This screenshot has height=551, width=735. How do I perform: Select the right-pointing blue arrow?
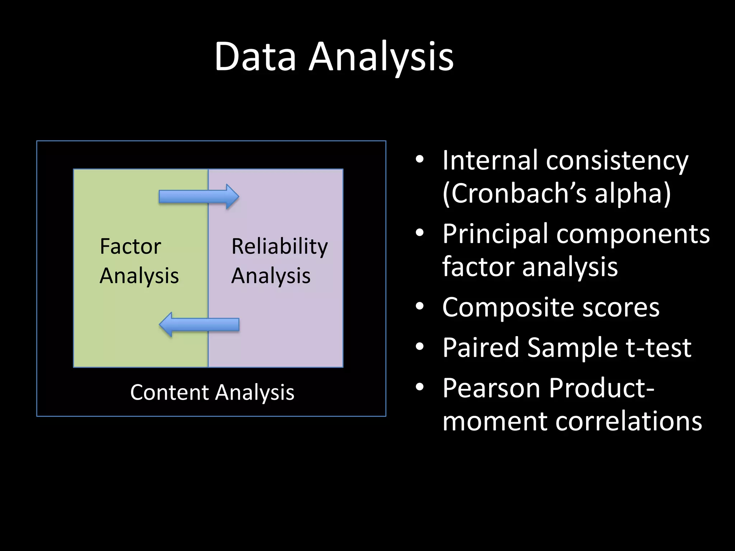(x=198, y=197)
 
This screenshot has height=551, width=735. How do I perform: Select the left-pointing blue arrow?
(x=199, y=325)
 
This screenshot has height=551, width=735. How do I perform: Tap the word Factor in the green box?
(x=130, y=246)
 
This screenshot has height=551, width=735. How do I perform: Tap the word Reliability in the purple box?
(x=280, y=246)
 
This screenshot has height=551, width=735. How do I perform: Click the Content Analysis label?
(x=212, y=392)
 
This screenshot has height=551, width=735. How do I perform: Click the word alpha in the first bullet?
(x=632, y=193)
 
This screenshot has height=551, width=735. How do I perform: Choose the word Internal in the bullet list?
(x=490, y=160)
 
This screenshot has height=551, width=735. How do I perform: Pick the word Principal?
(x=495, y=234)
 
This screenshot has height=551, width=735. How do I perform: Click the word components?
(x=633, y=234)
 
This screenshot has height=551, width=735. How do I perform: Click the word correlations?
(x=628, y=421)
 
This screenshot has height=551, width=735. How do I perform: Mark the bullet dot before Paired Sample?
(x=420, y=347)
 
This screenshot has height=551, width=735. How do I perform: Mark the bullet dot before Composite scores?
(x=420, y=307)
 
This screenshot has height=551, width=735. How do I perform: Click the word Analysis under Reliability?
(x=271, y=276)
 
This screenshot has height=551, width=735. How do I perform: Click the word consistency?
(x=617, y=160)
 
